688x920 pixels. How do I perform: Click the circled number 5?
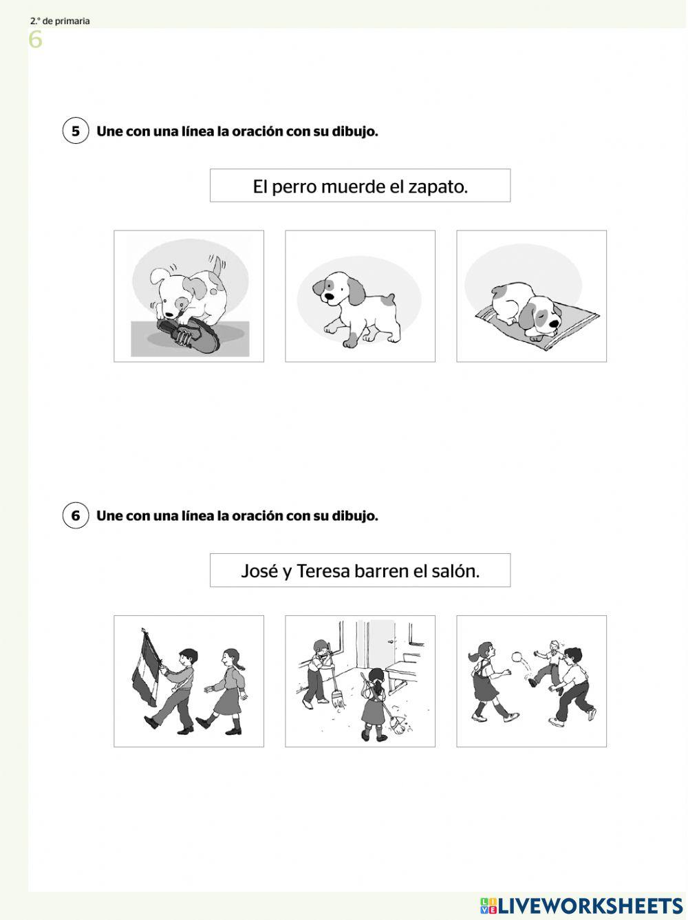pyautogui.click(x=76, y=131)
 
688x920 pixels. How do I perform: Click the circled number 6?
pyautogui.click(x=76, y=515)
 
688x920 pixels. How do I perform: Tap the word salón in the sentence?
pyautogui.click(x=456, y=571)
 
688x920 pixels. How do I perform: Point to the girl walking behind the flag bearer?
pyautogui.click(x=227, y=688)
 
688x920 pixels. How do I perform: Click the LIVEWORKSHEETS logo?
pyautogui.click(x=581, y=905)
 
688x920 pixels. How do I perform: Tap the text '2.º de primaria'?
pyautogui.click(x=60, y=21)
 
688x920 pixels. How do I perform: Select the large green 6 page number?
pyautogui.click(x=35, y=41)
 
